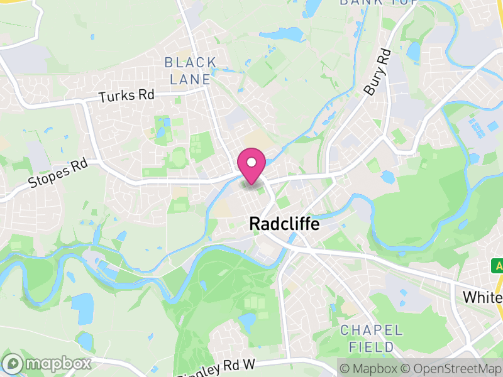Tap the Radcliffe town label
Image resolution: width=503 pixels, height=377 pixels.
[x=284, y=224]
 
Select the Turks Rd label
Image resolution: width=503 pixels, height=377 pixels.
[x=126, y=96]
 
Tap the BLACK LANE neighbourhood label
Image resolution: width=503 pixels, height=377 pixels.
[x=191, y=71]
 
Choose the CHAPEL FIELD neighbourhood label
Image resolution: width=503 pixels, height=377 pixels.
[x=371, y=338]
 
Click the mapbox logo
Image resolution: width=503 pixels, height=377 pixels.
[x=47, y=364]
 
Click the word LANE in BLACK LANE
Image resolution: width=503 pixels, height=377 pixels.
[x=191, y=79]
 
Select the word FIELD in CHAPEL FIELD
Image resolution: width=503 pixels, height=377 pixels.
[x=371, y=346]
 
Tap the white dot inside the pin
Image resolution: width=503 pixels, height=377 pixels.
[x=251, y=163]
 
